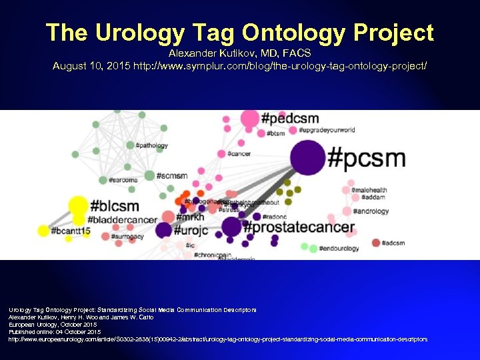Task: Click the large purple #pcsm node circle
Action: pos(307,159)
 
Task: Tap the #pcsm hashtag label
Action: pos(366,159)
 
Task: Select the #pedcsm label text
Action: pos(291,119)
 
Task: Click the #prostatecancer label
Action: pos(299,227)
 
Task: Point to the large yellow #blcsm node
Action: pos(79,206)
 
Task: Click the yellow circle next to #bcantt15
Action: pos(43,231)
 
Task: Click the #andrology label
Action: pos(371,211)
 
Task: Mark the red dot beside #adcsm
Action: pos(376,243)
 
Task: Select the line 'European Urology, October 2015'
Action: pos(53,324)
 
